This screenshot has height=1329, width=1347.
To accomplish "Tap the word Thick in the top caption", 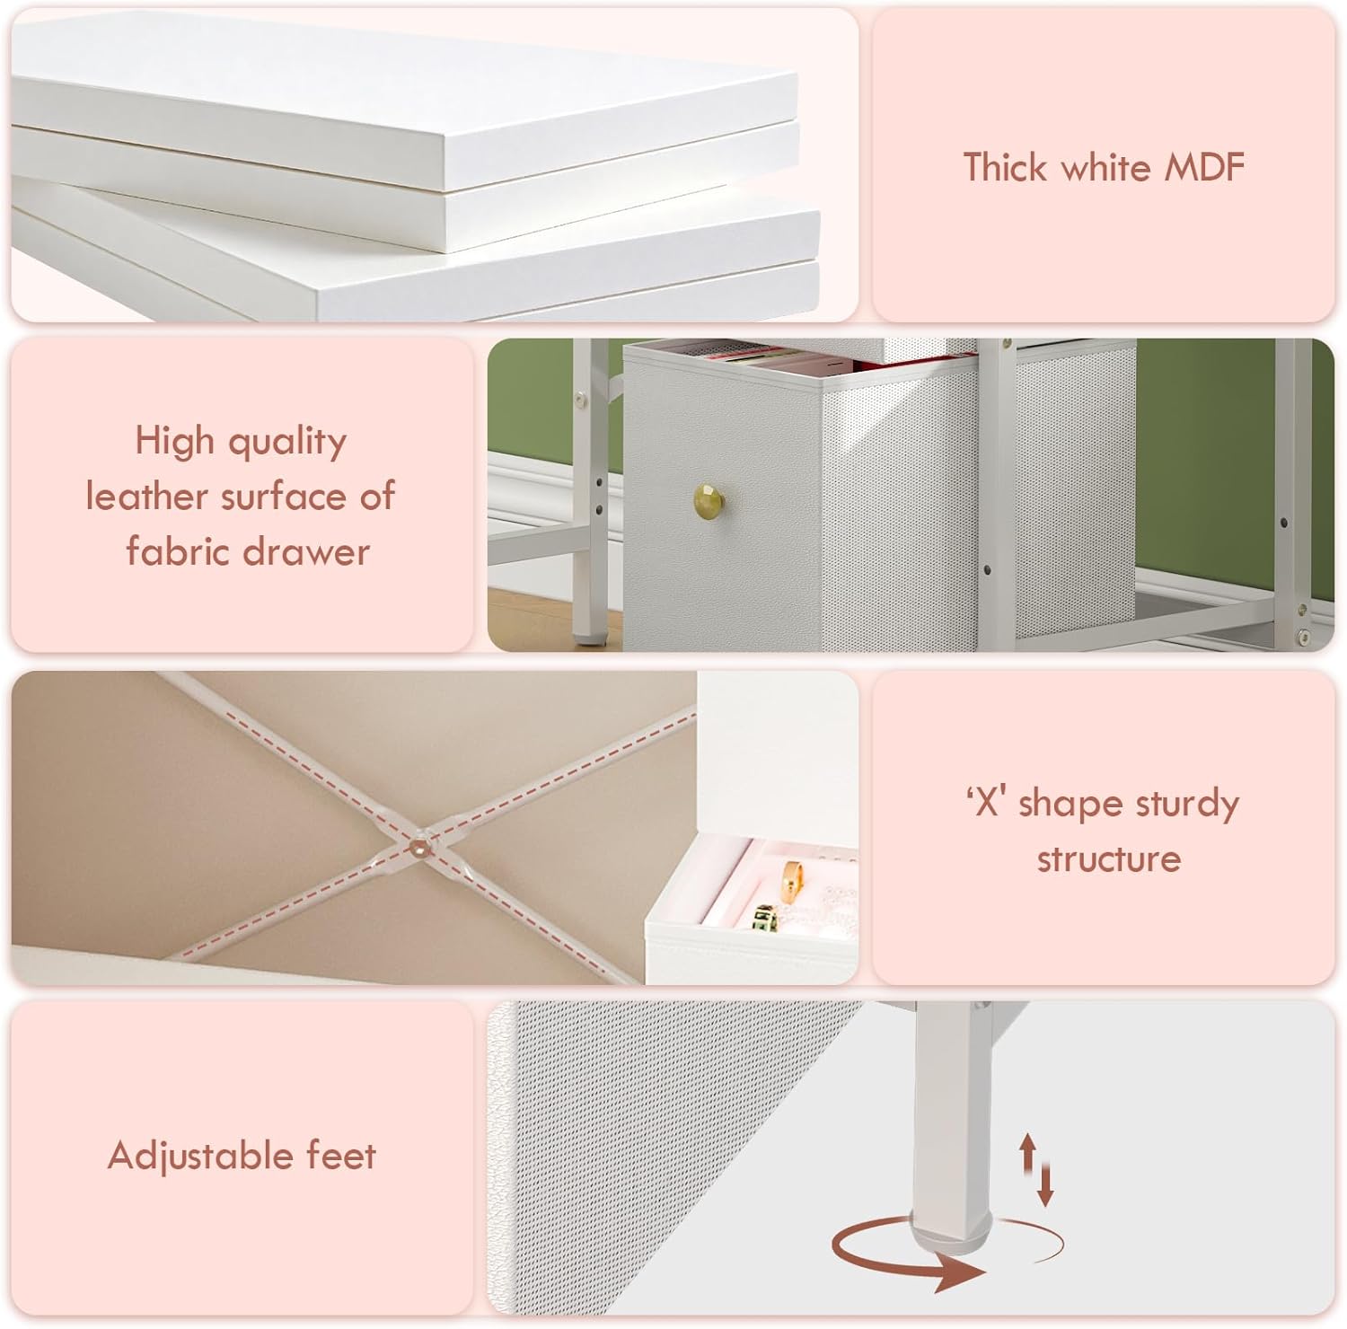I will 1005,168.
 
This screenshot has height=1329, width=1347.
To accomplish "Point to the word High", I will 175,441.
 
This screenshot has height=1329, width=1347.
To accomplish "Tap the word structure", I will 1108,858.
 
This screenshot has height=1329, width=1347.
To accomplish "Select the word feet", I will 341,1155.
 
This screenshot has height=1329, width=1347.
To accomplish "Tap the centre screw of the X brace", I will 418,845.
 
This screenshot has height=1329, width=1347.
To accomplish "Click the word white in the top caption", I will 1106,168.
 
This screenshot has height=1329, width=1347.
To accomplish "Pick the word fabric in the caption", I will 177,551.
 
